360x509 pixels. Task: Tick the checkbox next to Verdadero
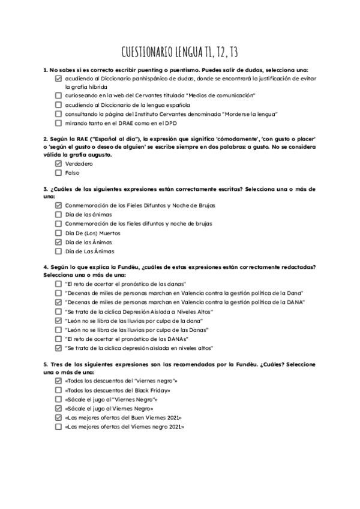58,163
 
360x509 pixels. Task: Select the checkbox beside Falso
58,173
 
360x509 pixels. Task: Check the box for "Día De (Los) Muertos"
58,233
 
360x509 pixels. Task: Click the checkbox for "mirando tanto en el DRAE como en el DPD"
58,123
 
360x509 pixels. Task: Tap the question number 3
46,189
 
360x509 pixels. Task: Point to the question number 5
46,364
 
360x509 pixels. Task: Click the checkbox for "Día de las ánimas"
58,214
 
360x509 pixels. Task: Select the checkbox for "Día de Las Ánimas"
58,251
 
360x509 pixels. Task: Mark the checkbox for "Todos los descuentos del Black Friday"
58,390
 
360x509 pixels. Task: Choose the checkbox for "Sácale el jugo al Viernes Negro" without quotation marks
58,409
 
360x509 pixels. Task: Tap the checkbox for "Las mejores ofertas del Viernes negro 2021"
58,427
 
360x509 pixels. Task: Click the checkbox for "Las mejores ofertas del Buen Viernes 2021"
58,418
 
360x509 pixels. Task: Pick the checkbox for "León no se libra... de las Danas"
58,330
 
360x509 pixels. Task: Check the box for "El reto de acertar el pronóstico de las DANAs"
58,339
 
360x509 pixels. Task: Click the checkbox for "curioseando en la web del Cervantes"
58,95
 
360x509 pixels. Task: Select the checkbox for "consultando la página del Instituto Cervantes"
58,114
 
